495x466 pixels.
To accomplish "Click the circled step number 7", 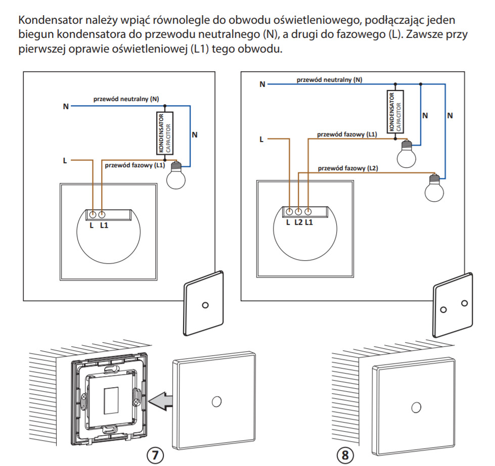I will [x=156, y=454].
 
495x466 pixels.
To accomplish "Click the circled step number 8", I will [x=345, y=454].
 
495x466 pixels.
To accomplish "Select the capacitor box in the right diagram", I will [x=395, y=112].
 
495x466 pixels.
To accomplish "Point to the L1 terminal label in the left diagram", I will [x=104, y=225].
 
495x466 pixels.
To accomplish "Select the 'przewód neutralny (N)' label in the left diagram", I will [x=126, y=99].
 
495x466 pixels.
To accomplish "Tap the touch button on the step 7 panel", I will [x=216, y=401].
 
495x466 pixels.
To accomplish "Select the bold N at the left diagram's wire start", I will [x=66, y=107].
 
